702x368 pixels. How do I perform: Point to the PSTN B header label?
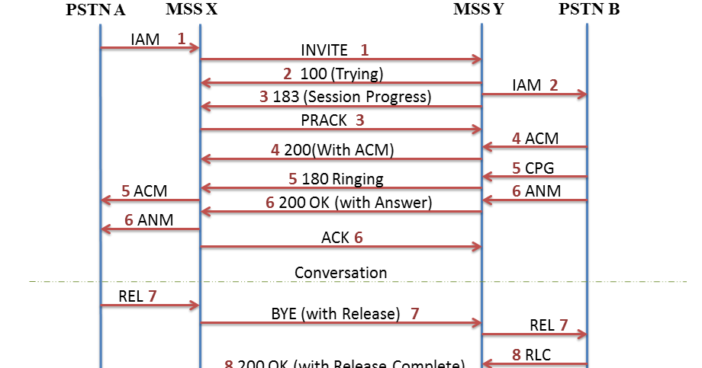tap(589, 10)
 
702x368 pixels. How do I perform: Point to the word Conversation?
tap(340, 272)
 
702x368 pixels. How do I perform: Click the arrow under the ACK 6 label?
tap(340, 247)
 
